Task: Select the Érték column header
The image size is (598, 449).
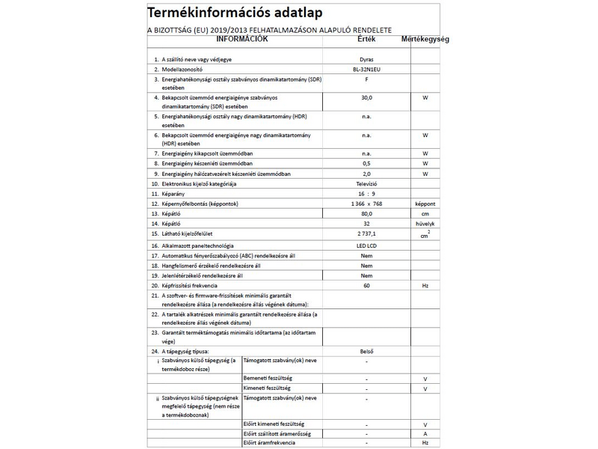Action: tap(366, 39)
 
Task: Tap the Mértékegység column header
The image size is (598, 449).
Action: tap(425, 39)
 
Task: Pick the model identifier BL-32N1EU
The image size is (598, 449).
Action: tap(366, 68)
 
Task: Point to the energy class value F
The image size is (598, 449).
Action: tap(366, 79)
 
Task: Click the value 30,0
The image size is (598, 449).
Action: tap(366, 98)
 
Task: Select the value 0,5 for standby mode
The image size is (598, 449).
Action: tap(366, 163)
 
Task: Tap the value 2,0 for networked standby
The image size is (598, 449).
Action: tap(366, 174)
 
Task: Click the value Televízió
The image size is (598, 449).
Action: tap(366, 183)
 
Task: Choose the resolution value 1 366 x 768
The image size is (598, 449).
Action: tap(366, 204)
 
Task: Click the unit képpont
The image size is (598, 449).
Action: tap(425, 204)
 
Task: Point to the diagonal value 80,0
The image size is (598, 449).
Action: tap(366, 213)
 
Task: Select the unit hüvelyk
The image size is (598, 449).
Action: tap(425, 224)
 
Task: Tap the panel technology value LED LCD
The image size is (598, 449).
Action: tap(366, 246)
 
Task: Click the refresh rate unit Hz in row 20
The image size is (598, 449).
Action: tap(425, 286)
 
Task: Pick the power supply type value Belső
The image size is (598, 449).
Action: tap(366, 350)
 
